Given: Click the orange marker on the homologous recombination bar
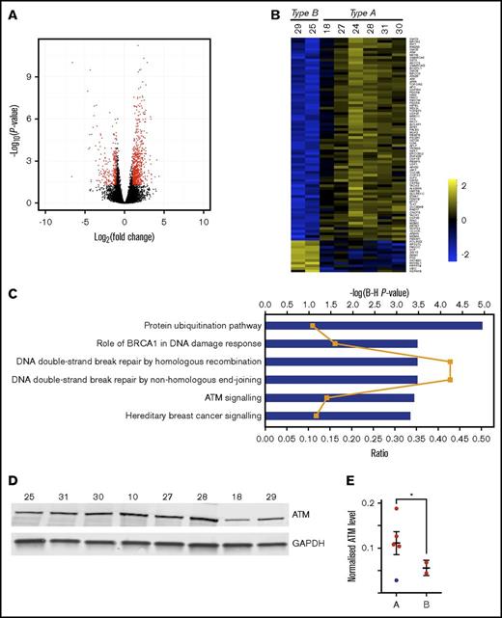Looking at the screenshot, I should (x=450, y=362).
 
